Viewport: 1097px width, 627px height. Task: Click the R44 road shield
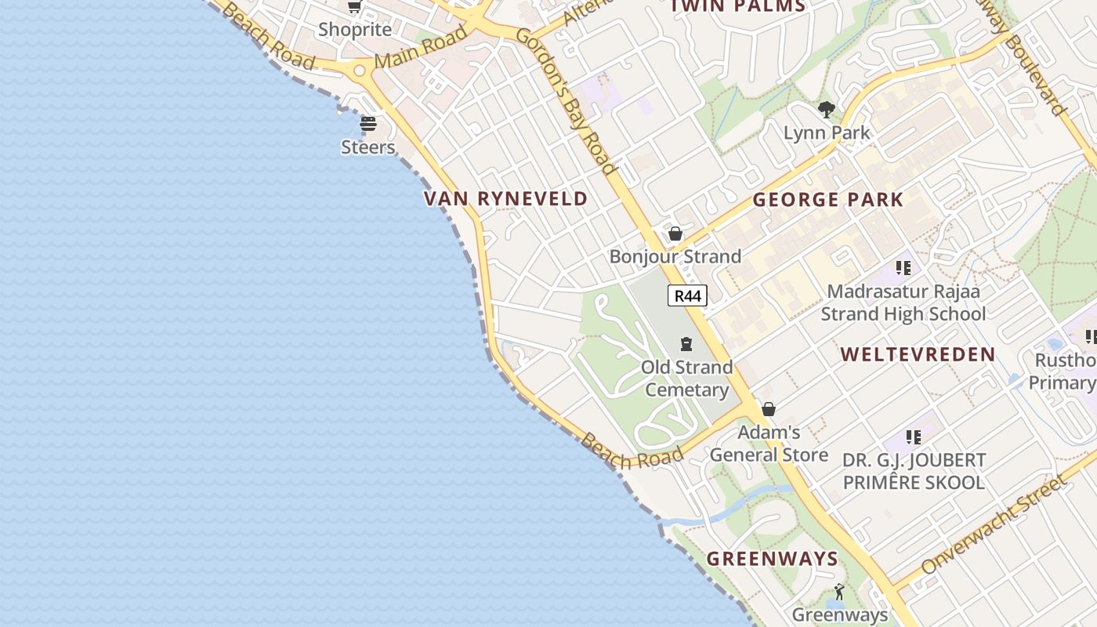coord(687,295)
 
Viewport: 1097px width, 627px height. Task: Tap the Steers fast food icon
coord(368,124)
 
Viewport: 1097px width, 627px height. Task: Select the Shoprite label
coord(355,30)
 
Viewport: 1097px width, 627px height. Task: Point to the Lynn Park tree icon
coord(826,110)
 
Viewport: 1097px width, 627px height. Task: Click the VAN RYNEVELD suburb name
coord(505,199)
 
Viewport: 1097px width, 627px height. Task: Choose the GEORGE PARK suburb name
coord(828,200)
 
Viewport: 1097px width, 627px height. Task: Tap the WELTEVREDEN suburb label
coord(918,355)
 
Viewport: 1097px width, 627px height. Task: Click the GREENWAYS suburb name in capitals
coord(773,559)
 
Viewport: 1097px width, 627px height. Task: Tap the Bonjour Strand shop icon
coord(675,234)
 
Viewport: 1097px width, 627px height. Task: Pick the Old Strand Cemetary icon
coord(686,344)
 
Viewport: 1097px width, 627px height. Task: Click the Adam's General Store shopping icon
coord(769,409)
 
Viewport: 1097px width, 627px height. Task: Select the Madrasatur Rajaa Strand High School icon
coord(903,268)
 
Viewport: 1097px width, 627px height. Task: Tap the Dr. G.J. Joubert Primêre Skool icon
coord(913,437)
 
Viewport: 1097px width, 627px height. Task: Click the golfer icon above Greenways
coord(839,592)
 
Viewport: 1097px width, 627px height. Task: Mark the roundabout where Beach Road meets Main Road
coord(360,71)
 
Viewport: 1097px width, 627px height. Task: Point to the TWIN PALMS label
coord(738,6)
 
